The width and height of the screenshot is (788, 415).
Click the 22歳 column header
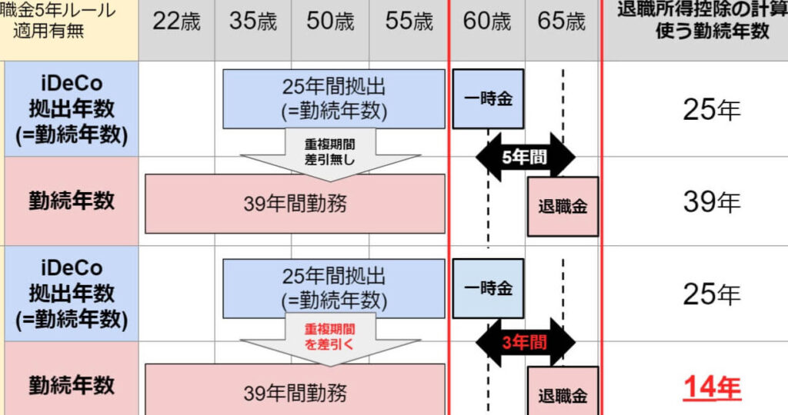click(x=176, y=22)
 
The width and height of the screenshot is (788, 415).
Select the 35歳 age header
click(x=253, y=22)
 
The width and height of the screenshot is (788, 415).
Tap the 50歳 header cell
click(x=330, y=22)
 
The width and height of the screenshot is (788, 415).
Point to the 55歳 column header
click(x=409, y=22)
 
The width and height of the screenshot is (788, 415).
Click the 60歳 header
click(x=486, y=22)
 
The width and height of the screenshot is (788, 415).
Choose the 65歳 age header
click(x=562, y=22)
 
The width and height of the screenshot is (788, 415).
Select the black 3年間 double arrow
click(x=526, y=343)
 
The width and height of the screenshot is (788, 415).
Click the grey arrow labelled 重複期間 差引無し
click(x=330, y=151)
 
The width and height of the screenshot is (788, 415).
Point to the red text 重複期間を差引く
click(x=330, y=337)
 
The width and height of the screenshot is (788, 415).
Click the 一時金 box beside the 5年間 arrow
click(x=488, y=99)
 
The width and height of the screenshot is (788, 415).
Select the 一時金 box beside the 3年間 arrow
click(x=488, y=289)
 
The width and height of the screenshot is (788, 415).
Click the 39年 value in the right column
click(x=712, y=202)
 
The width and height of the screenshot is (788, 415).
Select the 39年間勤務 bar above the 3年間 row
click(x=295, y=204)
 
